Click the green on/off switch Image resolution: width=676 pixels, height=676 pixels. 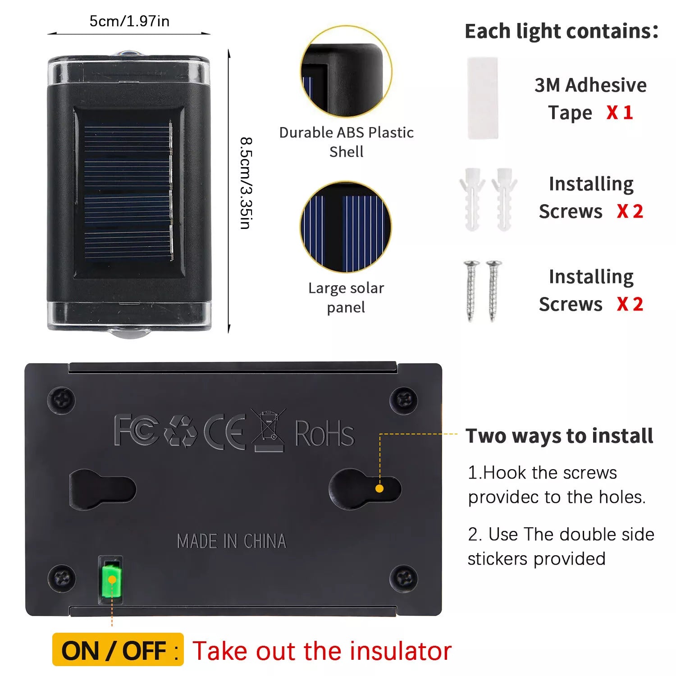point(111,580)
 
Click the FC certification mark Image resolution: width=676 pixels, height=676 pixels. point(136,430)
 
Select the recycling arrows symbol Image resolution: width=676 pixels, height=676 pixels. point(181,432)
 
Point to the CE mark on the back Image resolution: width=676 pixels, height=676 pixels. point(225,431)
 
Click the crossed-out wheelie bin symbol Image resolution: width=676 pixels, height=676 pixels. point(269,430)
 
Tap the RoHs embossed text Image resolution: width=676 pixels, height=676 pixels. point(324,433)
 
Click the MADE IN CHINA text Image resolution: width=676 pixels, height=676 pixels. point(232,541)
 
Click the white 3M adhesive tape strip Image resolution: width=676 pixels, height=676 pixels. point(483,98)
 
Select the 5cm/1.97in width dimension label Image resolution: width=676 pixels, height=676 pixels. point(129,21)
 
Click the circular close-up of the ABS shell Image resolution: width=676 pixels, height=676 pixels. point(346,71)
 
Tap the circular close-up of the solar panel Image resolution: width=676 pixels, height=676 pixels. point(346,227)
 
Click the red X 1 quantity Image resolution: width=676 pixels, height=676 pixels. point(620,112)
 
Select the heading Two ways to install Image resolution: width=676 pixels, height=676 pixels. point(559,436)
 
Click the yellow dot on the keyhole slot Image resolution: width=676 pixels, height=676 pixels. point(379,489)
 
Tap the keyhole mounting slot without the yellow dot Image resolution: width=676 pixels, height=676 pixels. point(103,489)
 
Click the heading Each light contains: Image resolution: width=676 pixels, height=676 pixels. point(562,31)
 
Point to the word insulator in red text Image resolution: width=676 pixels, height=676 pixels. point(401,651)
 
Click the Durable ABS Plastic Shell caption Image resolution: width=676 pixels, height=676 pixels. point(346,142)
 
